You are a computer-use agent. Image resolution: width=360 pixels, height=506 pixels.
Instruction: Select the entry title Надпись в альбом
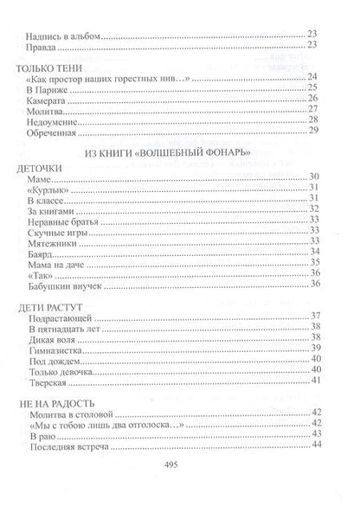64,34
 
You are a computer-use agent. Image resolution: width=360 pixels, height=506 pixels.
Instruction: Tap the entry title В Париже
45,88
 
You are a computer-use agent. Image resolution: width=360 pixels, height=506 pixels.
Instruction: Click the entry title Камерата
48,100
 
